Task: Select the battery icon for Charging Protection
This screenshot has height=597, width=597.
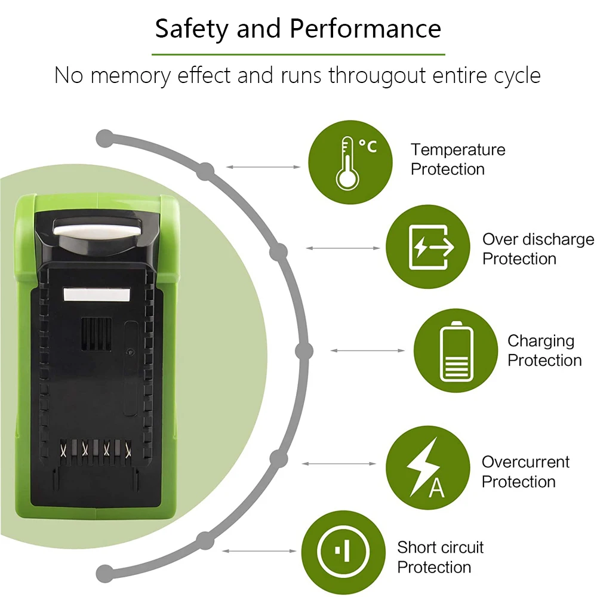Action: (x=456, y=350)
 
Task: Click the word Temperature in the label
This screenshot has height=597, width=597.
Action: (x=457, y=149)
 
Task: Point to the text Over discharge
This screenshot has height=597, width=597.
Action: (x=538, y=239)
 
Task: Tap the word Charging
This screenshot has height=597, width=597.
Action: (x=541, y=341)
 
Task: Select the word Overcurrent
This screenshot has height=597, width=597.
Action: (x=525, y=461)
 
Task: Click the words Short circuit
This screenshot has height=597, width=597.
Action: (x=441, y=547)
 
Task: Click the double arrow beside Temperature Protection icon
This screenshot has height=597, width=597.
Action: (x=263, y=167)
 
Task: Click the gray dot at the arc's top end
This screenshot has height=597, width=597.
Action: (x=105, y=139)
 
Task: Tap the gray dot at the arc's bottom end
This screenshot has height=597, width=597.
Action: (x=105, y=572)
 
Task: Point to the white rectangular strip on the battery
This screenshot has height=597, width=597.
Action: (x=97, y=294)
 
